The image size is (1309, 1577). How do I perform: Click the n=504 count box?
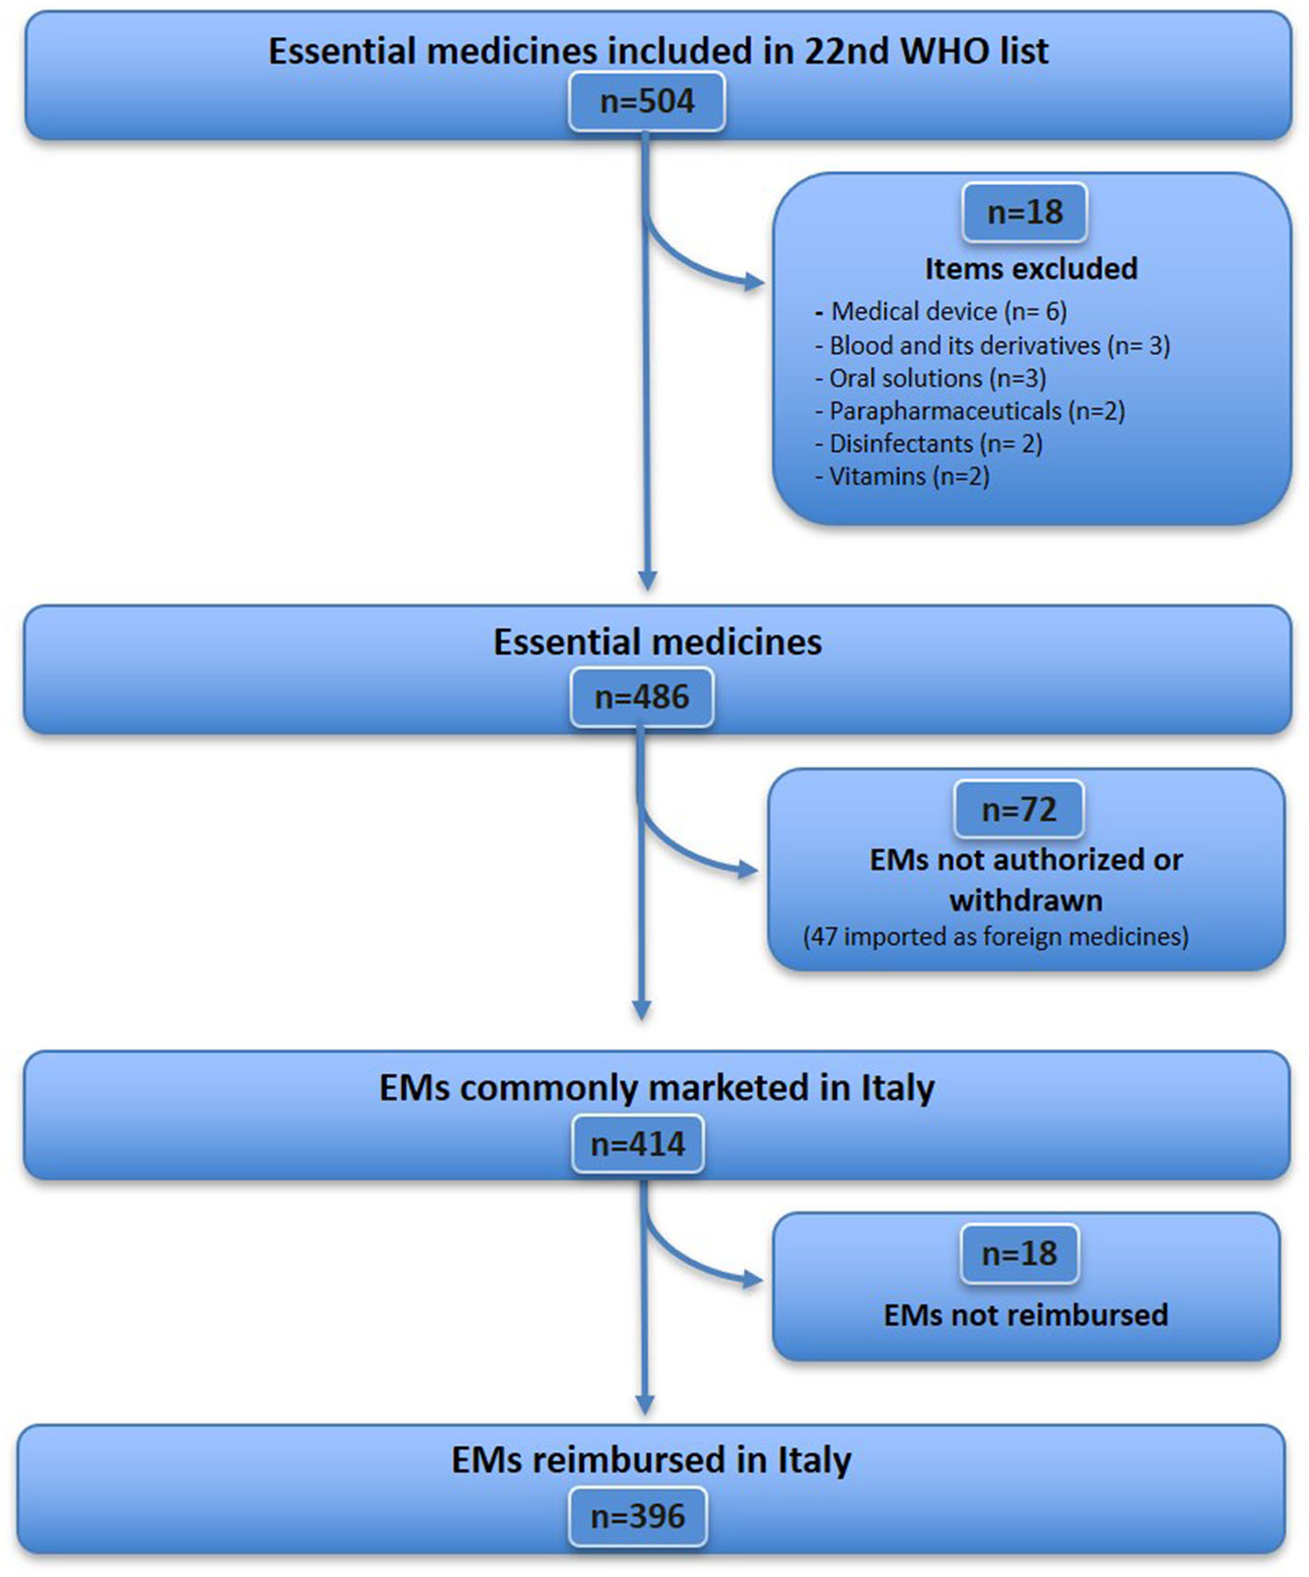[647, 101]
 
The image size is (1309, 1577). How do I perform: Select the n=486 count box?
[642, 697]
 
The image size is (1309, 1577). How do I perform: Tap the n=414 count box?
[638, 1145]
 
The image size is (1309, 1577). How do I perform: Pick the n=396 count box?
[638, 1516]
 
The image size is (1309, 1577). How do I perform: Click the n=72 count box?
[1019, 809]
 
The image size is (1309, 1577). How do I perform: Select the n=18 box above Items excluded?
[1024, 212]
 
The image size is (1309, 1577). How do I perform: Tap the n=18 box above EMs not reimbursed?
[1019, 1254]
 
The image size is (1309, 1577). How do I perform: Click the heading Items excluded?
[1031, 269]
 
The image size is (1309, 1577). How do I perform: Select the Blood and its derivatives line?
[999, 346]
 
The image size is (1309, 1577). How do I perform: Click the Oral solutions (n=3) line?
[937, 379]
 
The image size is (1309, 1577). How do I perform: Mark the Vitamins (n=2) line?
[909, 477]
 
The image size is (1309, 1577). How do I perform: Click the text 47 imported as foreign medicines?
[996, 937]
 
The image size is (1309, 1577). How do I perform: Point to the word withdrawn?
[1025, 900]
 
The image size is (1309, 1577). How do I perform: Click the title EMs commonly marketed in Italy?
[657, 1087]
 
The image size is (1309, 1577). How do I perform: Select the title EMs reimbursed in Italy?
[651, 1461]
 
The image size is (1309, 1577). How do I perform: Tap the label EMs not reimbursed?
[1025, 1315]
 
